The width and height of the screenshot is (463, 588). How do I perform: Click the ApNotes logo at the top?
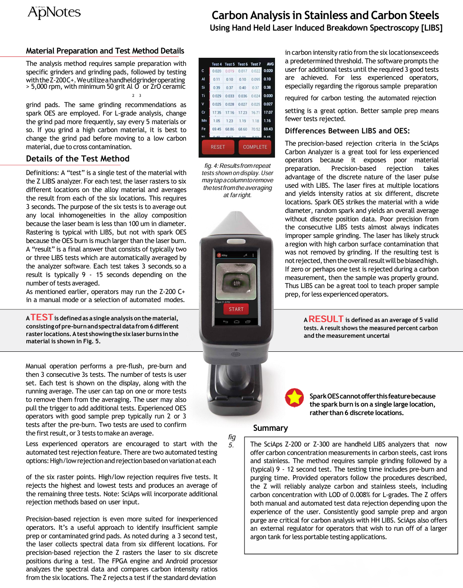[54, 12]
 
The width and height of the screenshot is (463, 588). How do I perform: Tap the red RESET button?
[218, 147]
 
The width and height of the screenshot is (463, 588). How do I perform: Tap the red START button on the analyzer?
[236, 309]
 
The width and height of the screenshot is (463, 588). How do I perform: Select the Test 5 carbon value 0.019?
[230, 71]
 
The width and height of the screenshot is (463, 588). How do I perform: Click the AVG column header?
[270, 64]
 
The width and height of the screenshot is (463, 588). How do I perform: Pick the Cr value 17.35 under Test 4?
[216, 113]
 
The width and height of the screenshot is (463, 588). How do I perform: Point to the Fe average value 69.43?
[268, 129]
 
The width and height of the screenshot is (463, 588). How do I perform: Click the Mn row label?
[204, 121]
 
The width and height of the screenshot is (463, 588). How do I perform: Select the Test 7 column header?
[255, 64]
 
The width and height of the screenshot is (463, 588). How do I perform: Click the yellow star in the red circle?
[294, 398]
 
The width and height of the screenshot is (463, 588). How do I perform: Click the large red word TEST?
[42, 317]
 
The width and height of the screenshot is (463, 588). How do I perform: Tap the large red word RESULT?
[326, 319]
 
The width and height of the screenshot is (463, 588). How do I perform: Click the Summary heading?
[270, 428]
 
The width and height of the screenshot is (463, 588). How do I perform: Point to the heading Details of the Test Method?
[78, 159]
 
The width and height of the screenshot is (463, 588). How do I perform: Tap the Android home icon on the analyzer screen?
[236, 322]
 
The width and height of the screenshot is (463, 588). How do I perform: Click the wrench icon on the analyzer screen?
[245, 255]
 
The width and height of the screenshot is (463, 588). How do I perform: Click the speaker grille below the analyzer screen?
[236, 354]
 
